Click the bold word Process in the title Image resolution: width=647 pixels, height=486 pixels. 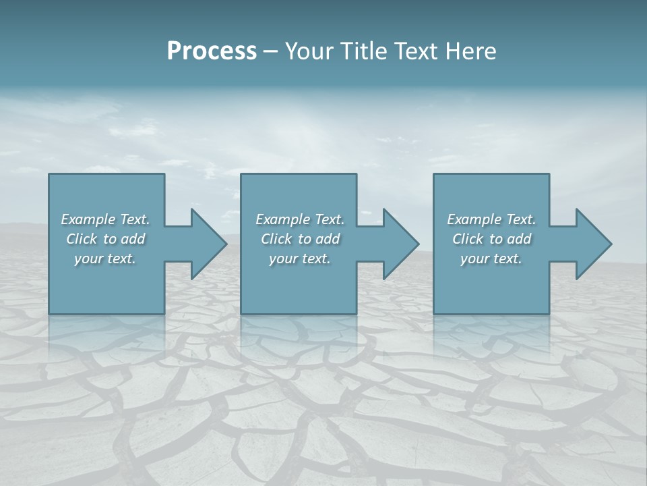212,51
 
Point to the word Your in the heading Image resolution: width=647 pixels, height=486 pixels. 309,51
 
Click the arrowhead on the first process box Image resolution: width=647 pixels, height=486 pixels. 206,244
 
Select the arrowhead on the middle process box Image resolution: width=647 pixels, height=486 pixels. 398,244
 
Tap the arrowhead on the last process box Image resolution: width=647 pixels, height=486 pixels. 590,244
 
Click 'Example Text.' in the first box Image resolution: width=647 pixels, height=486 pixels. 105,219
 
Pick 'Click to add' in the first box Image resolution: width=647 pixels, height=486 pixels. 105,239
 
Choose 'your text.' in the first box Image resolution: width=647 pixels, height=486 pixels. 105,259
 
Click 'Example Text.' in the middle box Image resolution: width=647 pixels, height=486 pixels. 300,219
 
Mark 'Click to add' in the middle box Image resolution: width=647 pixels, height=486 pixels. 300,239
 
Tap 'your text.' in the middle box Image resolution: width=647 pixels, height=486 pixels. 300,259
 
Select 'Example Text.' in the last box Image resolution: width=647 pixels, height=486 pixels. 491,219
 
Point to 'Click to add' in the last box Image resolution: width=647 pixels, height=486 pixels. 491,239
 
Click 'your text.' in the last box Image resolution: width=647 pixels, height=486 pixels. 491,259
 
